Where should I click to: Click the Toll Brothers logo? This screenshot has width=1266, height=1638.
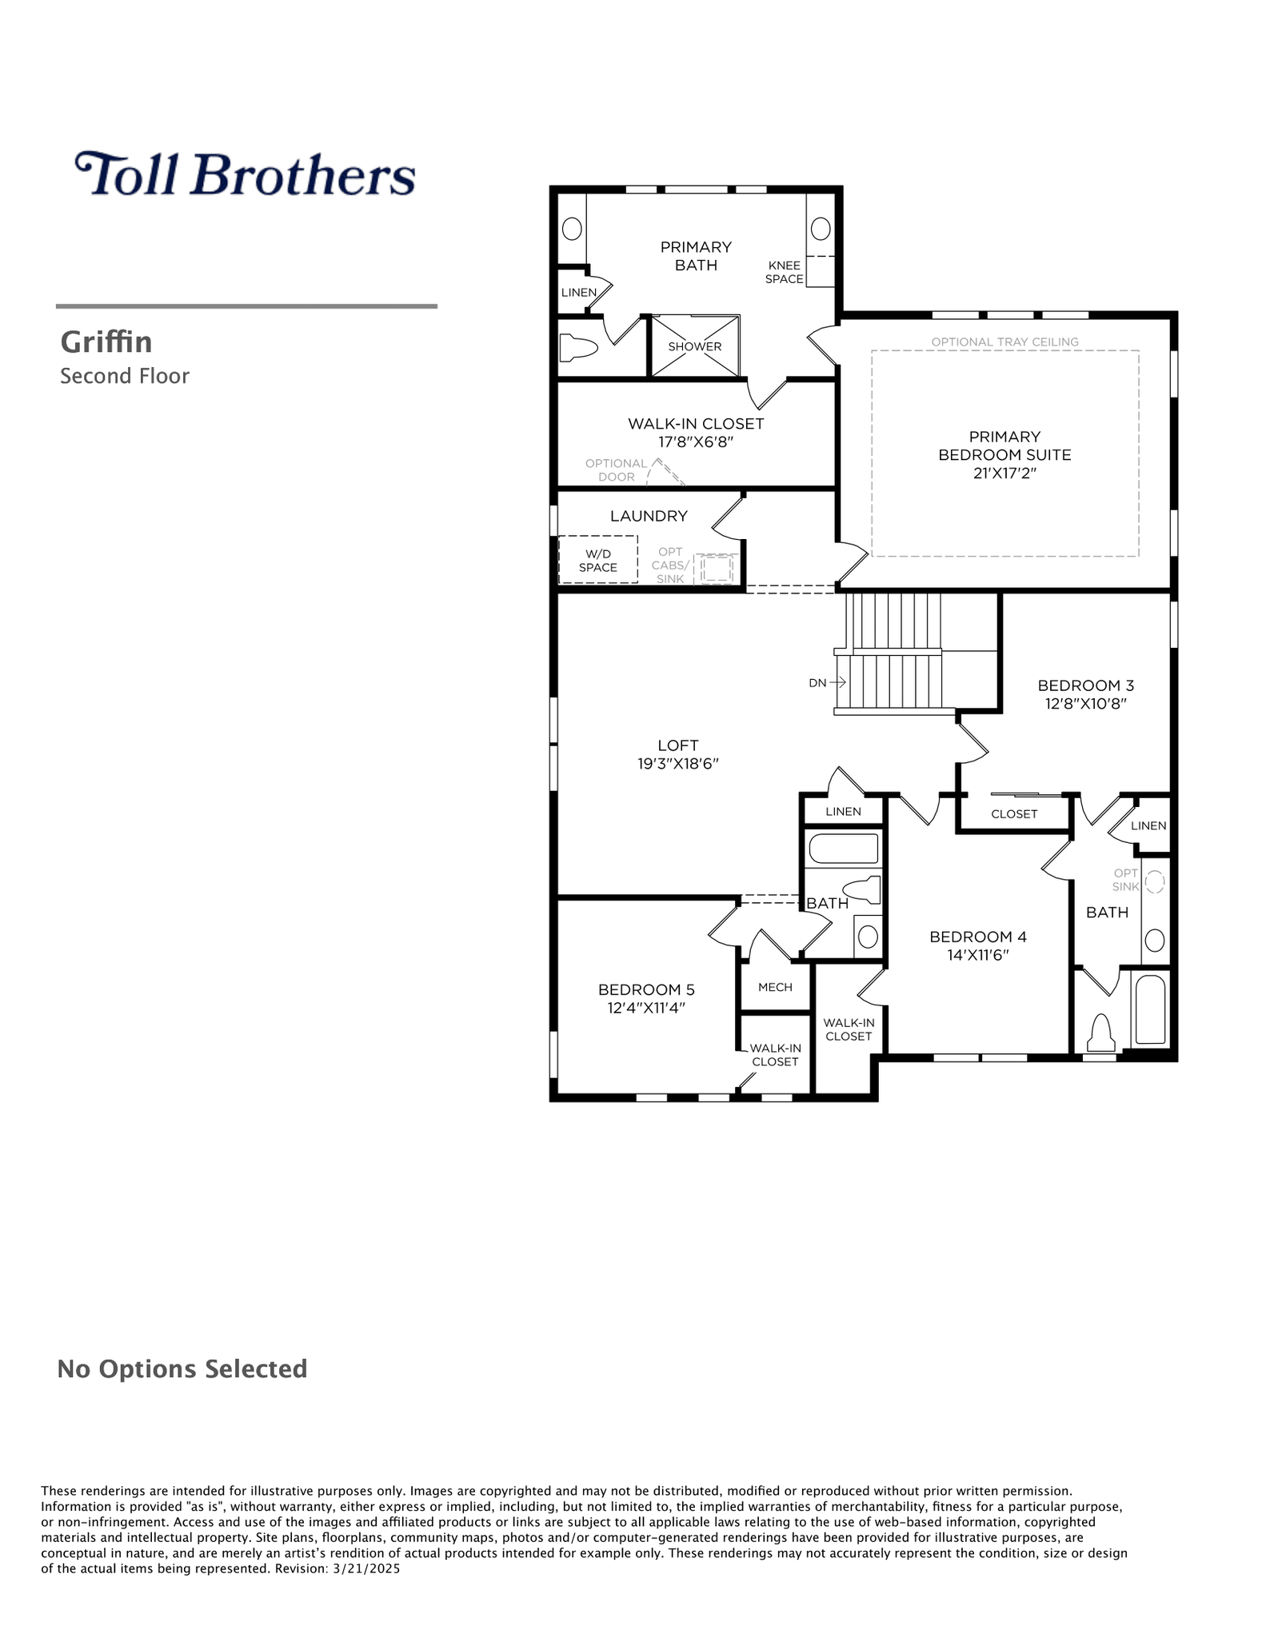click(x=245, y=174)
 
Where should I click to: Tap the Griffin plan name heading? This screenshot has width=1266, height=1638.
click(x=106, y=342)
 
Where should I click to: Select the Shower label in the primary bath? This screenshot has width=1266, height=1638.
click(x=695, y=346)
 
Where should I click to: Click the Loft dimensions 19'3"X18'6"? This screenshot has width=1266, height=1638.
click(x=678, y=764)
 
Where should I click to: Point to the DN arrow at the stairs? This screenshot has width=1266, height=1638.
click(x=837, y=682)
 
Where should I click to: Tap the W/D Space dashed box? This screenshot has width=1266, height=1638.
click(x=598, y=559)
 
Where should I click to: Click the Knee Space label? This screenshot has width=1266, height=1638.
click(x=784, y=272)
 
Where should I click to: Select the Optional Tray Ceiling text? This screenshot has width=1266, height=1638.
click(x=1004, y=342)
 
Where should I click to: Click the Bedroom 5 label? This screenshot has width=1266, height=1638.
click(x=646, y=990)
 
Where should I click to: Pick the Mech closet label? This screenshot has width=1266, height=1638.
click(x=775, y=987)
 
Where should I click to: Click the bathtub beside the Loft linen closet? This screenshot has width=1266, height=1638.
click(x=843, y=848)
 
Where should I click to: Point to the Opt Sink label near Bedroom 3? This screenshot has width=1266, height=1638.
click(x=1125, y=880)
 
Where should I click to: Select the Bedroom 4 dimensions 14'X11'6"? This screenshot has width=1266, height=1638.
click(x=978, y=955)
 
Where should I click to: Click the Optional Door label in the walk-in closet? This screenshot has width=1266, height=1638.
click(x=616, y=470)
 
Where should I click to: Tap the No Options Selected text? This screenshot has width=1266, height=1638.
click(x=182, y=1368)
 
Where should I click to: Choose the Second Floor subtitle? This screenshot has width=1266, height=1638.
click(x=125, y=376)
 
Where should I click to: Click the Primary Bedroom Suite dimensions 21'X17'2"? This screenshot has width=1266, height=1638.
click(x=1004, y=473)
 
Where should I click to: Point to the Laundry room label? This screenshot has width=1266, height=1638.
click(x=649, y=516)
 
